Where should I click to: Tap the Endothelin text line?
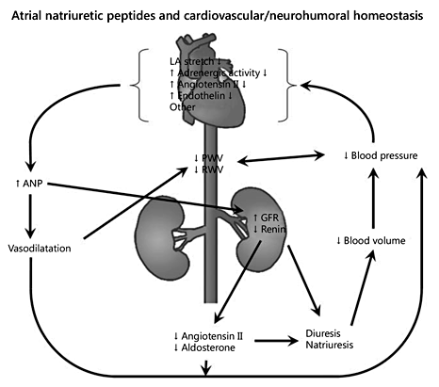[x=205, y=96]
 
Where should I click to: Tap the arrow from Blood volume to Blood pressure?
[x=375, y=198]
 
